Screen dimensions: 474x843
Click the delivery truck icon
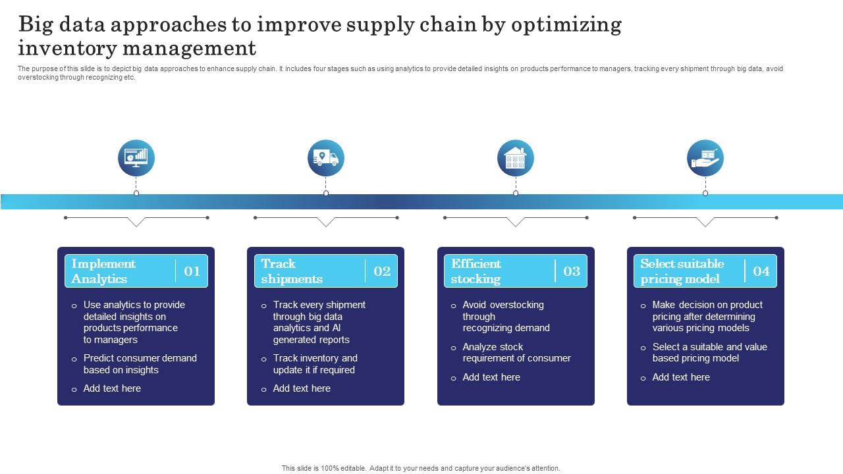point(326,158)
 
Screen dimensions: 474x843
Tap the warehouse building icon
point(516,158)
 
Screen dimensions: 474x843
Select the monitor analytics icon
point(136,158)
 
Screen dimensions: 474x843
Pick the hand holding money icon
point(705,158)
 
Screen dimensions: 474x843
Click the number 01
point(192,271)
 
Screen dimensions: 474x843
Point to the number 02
point(382,271)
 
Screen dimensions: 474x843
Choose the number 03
point(572,271)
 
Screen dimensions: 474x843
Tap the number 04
point(761,271)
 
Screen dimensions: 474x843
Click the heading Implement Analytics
point(103,271)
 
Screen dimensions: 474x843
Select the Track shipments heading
point(292,271)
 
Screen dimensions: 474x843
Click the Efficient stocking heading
point(476,271)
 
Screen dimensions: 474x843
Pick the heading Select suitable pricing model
point(682,271)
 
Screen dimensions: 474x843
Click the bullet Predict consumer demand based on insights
point(140,364)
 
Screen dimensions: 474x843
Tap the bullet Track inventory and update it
point(315,364)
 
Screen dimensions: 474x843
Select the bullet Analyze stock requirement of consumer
point(516,353)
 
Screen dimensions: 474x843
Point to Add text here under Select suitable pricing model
point(681,377)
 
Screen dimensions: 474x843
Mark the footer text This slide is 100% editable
point(421,468)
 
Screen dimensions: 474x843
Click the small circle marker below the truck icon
point(326,193)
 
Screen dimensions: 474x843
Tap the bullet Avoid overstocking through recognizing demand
point(505,316)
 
